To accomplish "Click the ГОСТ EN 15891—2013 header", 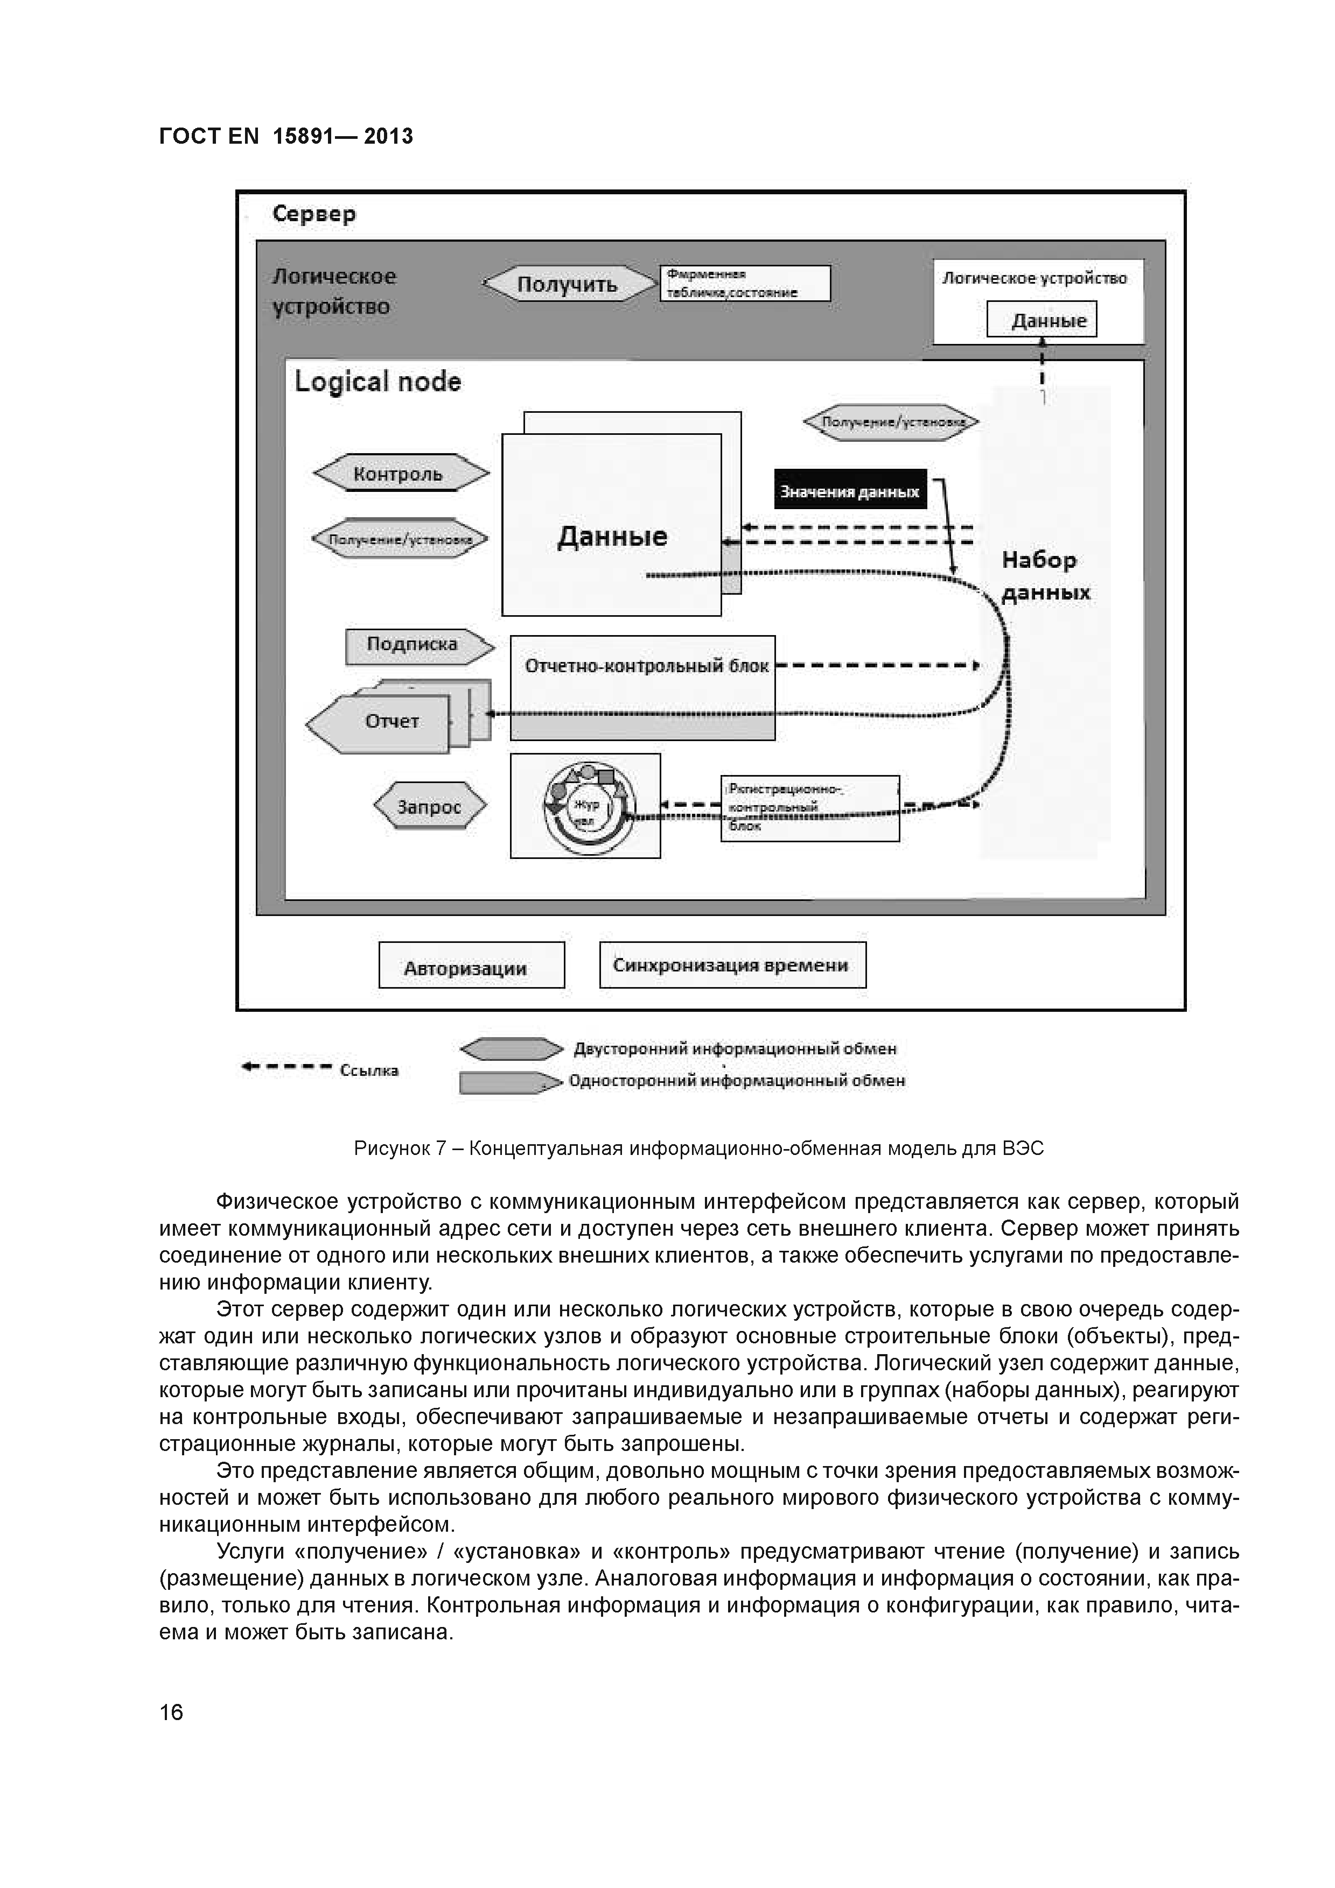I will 285,137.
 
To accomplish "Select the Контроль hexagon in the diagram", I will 400,474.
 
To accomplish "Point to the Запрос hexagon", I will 429,807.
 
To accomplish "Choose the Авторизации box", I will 471,966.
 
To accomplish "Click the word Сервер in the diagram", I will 313,215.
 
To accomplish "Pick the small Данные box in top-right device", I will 1042,320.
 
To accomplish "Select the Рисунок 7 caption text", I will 698,1148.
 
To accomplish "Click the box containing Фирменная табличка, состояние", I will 744,283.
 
